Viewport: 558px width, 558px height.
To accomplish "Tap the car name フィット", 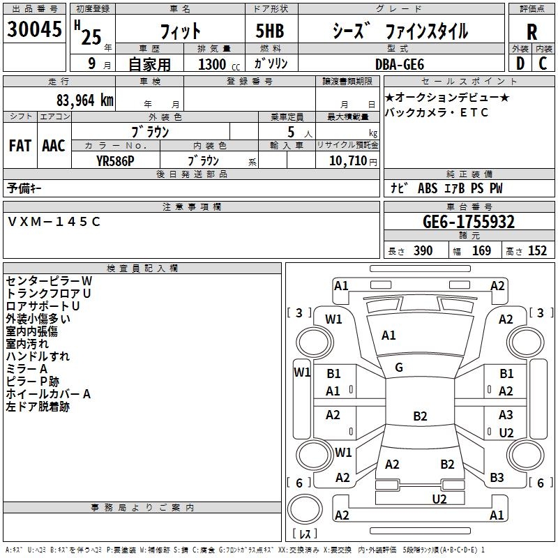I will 180,31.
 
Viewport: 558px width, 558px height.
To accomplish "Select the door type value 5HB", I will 264,31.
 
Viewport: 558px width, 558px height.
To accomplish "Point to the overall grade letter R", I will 531,31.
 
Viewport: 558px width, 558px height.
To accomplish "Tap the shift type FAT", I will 20,146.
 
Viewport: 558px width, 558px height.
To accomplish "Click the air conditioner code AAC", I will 54,146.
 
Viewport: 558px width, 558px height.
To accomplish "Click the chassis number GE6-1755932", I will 469,223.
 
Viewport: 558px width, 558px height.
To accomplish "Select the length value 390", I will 423,251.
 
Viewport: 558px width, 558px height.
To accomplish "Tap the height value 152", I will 537,251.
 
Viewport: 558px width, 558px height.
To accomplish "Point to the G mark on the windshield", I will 399,368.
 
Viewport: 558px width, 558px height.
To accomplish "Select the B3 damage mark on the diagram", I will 497,478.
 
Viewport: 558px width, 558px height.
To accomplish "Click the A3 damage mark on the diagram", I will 506,416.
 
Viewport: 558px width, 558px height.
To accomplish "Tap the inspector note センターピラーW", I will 49,280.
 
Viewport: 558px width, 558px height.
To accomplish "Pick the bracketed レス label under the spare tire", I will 305,534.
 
